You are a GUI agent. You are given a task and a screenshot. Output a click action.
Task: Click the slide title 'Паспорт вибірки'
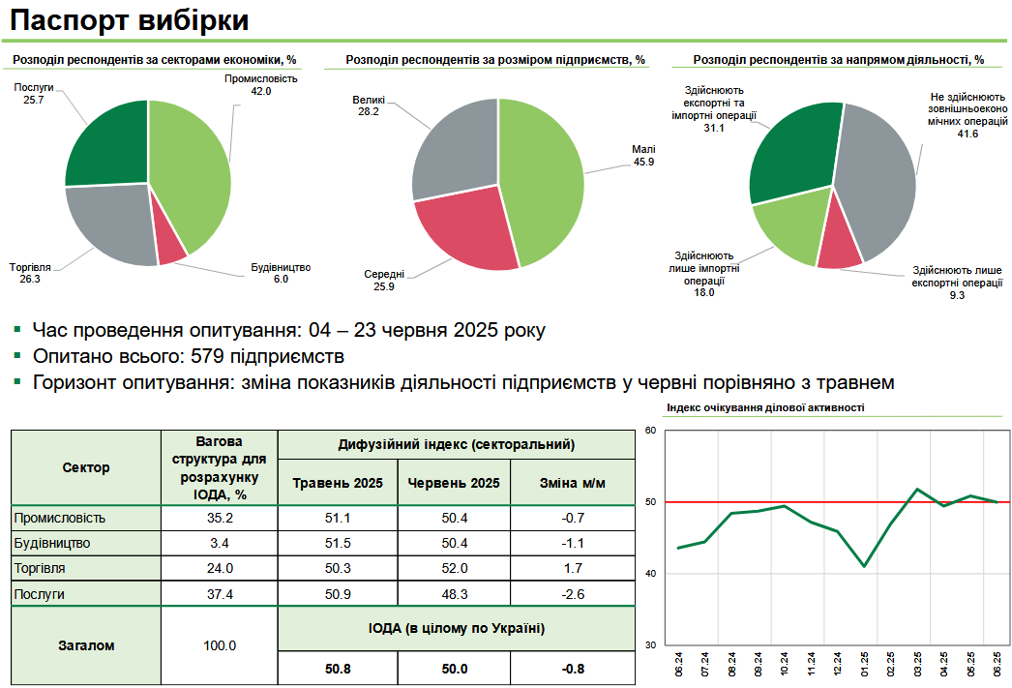pos(131,20)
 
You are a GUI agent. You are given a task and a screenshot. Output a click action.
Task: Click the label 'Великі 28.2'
pos(369,105)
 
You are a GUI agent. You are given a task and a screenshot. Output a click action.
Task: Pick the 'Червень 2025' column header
pos(455,483)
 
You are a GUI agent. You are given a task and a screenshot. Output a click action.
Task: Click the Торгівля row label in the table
pos(39,568)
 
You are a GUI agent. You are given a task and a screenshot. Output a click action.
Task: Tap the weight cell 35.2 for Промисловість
pos(220,518)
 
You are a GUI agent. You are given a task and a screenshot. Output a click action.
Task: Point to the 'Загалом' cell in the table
pos(86,644)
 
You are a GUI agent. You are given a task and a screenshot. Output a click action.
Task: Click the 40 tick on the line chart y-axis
pos(650,574)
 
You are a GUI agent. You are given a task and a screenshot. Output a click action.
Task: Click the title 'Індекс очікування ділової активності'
pos(765,408)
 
